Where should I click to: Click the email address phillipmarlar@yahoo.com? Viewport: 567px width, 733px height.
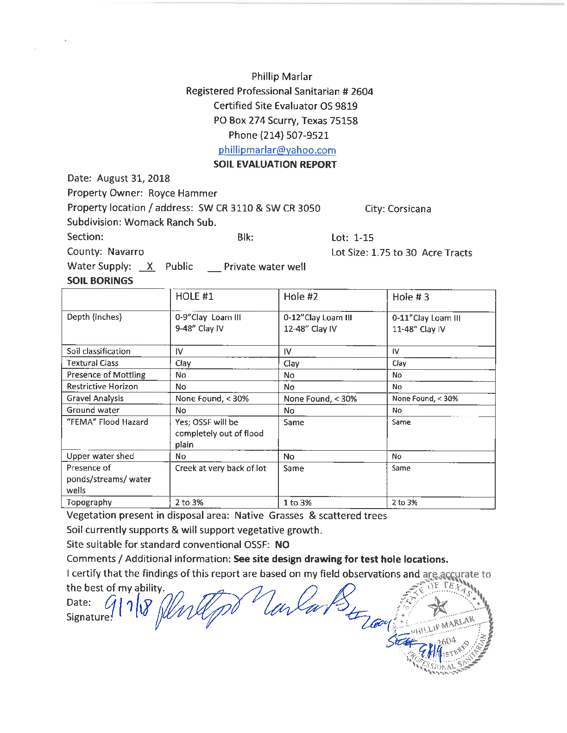coord(277,150)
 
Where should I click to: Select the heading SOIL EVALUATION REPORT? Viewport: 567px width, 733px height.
coord(275,164)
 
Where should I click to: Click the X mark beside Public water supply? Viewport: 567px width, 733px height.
coord(149,267)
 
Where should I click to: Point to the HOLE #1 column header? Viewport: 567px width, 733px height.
coord(194,296)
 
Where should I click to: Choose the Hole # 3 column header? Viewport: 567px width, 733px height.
coord(410,297)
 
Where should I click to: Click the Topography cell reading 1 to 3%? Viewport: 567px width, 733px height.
coord(297,503)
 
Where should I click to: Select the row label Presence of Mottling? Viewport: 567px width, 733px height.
coord(106,375)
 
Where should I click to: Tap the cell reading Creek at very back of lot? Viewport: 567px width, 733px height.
coord(220,468)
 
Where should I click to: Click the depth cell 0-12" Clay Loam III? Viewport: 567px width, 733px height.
coord(318,317)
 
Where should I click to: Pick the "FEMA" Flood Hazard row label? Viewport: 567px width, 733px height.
coord(107,422)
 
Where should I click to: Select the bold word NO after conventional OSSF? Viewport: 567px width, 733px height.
coord(282,545)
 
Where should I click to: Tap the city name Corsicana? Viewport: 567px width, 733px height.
coord(409,209)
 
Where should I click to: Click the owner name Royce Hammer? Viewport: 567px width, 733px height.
coord(183,193)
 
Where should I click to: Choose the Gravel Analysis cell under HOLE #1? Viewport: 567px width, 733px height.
coord(212,398)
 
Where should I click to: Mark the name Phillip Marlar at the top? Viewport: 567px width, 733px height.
coord(282,76)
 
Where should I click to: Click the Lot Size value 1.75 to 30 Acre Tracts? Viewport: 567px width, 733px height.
coord(422,253)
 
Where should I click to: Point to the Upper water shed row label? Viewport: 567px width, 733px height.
coord(100,456)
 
